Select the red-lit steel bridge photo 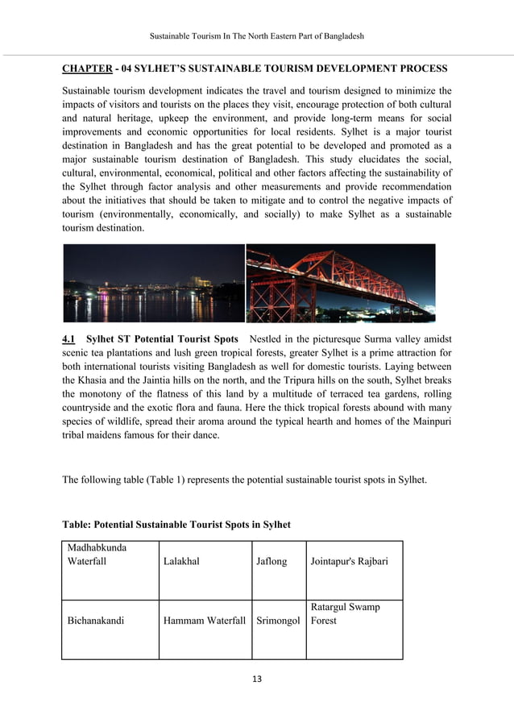(340, 283)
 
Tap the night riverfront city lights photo (153, 283)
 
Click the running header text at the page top (257, 37)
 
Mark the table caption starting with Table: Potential (176, 525)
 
